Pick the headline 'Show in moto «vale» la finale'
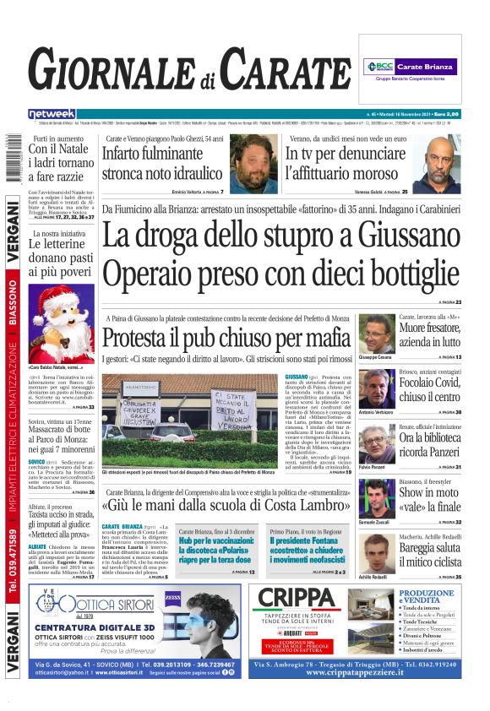[x=430, y=499]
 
